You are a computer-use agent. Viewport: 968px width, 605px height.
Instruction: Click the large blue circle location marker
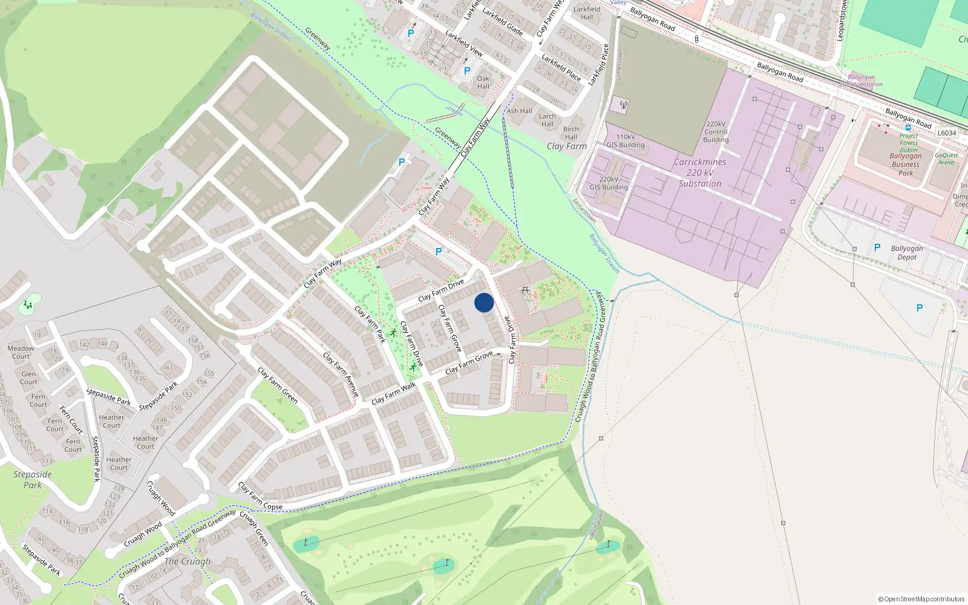coord(484,302)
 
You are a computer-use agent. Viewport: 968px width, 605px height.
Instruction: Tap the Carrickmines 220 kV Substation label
coord(700,173)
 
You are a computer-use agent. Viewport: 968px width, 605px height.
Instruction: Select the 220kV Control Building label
coord(716,132)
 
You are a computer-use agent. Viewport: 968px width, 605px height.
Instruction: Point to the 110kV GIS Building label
coord(626,141)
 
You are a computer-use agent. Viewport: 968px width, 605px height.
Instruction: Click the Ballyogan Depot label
coord(906,253)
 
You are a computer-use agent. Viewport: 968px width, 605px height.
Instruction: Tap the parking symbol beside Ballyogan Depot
coord(877,247)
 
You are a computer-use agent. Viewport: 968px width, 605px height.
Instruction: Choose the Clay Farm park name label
coord(566,146)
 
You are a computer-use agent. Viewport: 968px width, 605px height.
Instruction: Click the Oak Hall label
coord(483,82)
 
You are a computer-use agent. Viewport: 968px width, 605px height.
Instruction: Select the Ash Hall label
coord(519,111)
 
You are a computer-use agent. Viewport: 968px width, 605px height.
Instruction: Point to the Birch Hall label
coord(571,133)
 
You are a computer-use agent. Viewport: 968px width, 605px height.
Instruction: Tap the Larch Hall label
coord(548,120)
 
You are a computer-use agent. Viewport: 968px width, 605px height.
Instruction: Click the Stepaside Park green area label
coord(33,480)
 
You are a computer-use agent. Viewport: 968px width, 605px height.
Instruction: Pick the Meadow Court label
coord(21,352)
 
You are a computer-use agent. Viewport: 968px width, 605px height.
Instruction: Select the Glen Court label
coord(28,378)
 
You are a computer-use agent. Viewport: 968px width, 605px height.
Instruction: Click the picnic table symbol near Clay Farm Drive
coord(525,290)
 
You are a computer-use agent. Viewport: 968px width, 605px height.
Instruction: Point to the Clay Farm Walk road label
coord(394,393)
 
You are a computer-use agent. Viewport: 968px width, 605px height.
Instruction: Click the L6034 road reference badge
coord(947,133)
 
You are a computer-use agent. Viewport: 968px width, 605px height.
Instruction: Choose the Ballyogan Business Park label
coord(906,164)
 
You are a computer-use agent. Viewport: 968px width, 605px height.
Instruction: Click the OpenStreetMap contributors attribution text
coord(921,599)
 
